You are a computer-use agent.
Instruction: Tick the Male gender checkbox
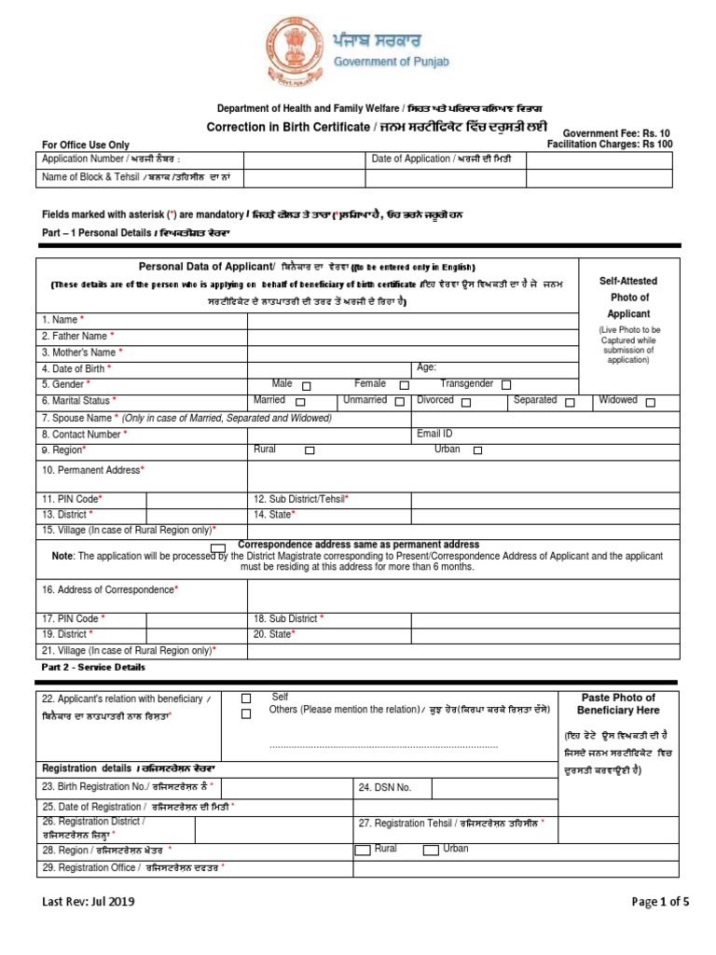307,385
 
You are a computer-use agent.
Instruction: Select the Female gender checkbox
404,385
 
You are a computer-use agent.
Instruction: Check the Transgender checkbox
506,384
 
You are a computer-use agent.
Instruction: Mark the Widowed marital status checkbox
650,402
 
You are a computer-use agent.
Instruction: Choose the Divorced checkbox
466,402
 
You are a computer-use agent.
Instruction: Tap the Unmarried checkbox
399,402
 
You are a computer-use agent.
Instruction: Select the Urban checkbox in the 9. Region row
477,450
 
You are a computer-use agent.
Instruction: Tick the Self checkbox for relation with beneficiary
246,698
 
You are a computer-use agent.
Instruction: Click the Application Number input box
303,159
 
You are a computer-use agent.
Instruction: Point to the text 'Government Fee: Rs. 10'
616,133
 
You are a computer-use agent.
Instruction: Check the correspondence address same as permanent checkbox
217,547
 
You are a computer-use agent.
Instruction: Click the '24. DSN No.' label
385,788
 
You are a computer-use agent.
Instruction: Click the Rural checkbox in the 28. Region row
363,850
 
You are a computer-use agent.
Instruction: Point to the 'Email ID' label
434,434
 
